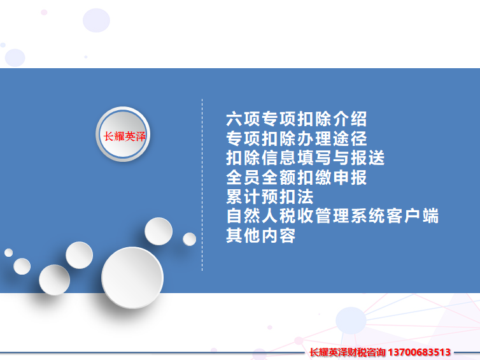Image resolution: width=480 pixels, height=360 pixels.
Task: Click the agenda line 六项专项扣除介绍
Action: point(296,119)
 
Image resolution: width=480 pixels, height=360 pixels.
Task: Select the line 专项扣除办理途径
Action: point(296,138)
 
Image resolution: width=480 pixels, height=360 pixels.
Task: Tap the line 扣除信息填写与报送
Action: point(305,158)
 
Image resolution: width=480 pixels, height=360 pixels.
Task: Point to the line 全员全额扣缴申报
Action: point(296,177)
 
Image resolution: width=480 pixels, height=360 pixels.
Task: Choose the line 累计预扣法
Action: point(270,197)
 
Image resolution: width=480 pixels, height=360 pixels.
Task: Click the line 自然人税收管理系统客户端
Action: point(332,216)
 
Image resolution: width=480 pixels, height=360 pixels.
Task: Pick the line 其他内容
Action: point(260,236)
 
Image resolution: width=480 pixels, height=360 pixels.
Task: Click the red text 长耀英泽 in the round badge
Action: point(124,136)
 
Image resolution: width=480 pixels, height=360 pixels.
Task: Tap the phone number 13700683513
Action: point(419,352)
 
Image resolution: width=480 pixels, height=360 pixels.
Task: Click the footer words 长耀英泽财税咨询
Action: point(348,352)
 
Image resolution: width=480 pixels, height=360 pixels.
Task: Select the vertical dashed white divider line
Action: point(202,185)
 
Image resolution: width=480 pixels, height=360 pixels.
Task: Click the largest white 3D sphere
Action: point(132,278)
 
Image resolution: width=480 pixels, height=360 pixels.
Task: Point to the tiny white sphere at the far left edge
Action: point(8,253)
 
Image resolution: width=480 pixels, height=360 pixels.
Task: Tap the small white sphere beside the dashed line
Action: point(190,239)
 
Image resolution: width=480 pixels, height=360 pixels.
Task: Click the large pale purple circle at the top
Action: point(96,20)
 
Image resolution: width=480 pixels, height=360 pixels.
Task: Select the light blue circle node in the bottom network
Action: point(351,320)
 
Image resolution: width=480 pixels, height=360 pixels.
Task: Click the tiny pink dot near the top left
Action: point(44,12)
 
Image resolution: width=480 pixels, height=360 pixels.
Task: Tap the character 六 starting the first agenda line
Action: point(234,119)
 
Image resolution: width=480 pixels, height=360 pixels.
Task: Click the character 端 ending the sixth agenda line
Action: point(430,216)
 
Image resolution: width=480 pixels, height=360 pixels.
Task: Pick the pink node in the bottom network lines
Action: point(299,341)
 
